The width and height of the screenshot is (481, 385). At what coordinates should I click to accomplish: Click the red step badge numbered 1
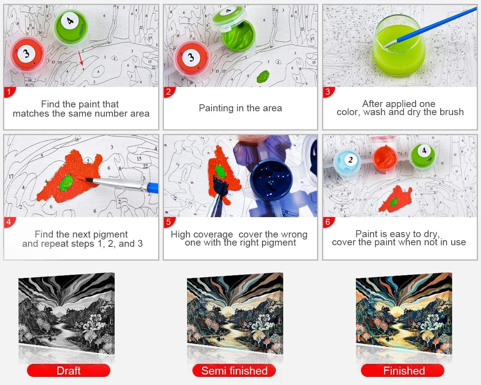9,92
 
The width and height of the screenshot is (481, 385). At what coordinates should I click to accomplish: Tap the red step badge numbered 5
169,222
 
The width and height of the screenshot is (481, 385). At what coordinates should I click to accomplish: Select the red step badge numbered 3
329,92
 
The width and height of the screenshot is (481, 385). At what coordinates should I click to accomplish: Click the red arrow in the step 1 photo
81,58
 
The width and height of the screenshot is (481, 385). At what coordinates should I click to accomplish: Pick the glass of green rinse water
399,45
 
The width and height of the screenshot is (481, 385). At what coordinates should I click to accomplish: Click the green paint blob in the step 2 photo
263,76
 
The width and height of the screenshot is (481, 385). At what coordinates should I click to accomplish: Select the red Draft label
68,370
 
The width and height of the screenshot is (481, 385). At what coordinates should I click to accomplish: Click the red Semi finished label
234,370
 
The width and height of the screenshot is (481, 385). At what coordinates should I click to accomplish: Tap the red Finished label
403,370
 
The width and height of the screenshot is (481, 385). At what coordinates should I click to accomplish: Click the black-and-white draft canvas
67,313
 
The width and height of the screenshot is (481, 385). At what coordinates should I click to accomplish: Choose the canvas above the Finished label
404,313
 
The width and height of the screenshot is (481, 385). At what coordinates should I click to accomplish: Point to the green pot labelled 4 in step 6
423,155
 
